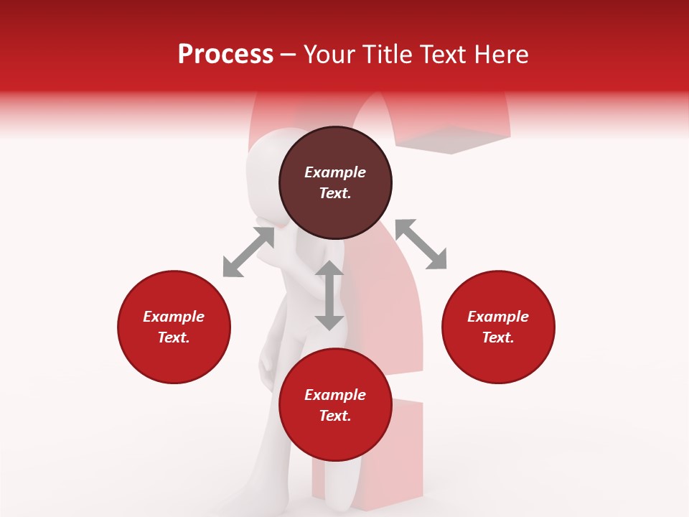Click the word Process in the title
click(x=225, y=55)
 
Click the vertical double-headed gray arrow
click(x=329, y=295)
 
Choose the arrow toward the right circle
click(x=421, y=244)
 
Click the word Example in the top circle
click(x=335, y=172)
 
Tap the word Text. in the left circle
click(x=174, y=337)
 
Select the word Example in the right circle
click(x=498, y=317)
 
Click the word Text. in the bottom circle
click(x=335, y=416)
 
